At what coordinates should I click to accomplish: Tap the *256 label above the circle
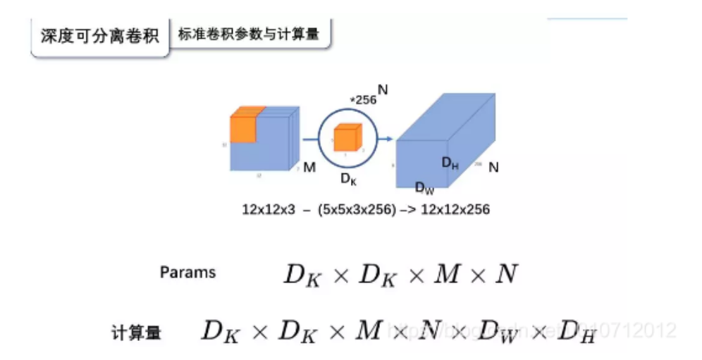(364, 99)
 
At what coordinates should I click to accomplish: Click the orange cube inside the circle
(348, 137)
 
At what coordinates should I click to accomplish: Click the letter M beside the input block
(309, 168)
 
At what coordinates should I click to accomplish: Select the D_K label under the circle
(349, 178)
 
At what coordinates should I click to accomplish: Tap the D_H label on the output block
(450, 163)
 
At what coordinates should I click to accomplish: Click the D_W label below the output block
(424, 187)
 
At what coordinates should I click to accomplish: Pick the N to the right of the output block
(493, 168)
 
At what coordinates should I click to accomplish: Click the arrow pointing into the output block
(385, 139)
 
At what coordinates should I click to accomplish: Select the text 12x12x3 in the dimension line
(269, 210)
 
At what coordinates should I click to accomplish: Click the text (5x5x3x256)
(356, 210)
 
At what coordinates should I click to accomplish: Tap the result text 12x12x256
(455, 210)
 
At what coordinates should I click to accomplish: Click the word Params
(187, 273)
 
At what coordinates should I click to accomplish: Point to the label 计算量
(136, 332)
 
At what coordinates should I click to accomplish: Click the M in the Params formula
(446, 274)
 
